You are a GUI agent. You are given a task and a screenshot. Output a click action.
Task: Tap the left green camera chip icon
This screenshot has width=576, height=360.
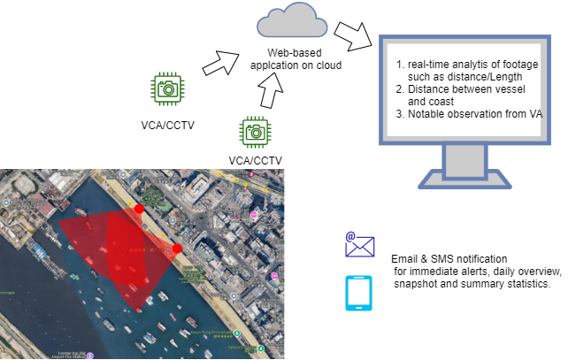pyautogui.click(x=166, y=88)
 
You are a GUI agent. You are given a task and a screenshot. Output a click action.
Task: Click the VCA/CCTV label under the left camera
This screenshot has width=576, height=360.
pyautogui.click(x=168, y=124)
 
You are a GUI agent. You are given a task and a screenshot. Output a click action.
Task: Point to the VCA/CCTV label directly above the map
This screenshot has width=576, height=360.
pyautogui.click(x=255, y=160)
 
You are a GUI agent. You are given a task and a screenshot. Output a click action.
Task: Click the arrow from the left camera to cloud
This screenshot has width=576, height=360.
pyautogui.click(x=218, y=64)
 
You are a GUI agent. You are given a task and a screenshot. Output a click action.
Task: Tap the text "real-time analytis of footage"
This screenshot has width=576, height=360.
pyautogui.click(x=470, y=66)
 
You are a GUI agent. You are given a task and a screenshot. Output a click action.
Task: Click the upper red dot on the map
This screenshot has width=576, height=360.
pyautogui.click(x=138, y=209)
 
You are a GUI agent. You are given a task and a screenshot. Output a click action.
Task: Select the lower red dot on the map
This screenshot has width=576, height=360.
pyautogui.click(x=177, y=249)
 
